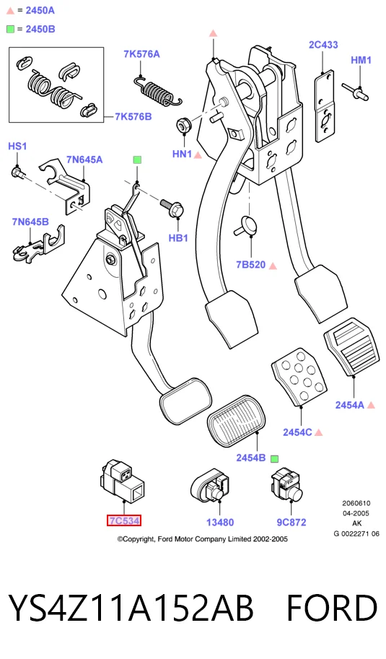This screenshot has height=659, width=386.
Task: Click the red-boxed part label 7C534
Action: click(x=124, y=520)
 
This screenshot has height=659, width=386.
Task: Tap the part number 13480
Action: click(x=220, y=523)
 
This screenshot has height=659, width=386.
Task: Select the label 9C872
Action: click(x=291, y=523)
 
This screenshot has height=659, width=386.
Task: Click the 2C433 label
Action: click(x=323, y=45)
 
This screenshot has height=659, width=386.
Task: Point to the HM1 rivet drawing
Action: click(x=356, y=92)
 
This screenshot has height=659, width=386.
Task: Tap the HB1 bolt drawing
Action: click(x=172, y=208)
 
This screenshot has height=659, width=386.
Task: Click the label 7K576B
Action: click(x=133, y=116)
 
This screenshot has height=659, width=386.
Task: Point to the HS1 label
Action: click(x=17, y=146)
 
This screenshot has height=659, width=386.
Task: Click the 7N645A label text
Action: click(x=84, y=160)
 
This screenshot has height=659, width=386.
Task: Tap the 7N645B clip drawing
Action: click(x=39, y=246)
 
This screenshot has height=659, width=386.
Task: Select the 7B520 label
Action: click(x=251, y=264)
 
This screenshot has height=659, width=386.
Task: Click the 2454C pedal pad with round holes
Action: click(x=299, y=377)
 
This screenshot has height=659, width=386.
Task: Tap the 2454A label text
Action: click(x=349, y=405)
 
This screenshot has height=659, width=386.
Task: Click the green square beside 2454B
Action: click(x=274, y=458)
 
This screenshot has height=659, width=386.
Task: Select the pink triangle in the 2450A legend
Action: click(x=11, y=11)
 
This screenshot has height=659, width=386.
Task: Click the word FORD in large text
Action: click(x=332, y=608)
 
